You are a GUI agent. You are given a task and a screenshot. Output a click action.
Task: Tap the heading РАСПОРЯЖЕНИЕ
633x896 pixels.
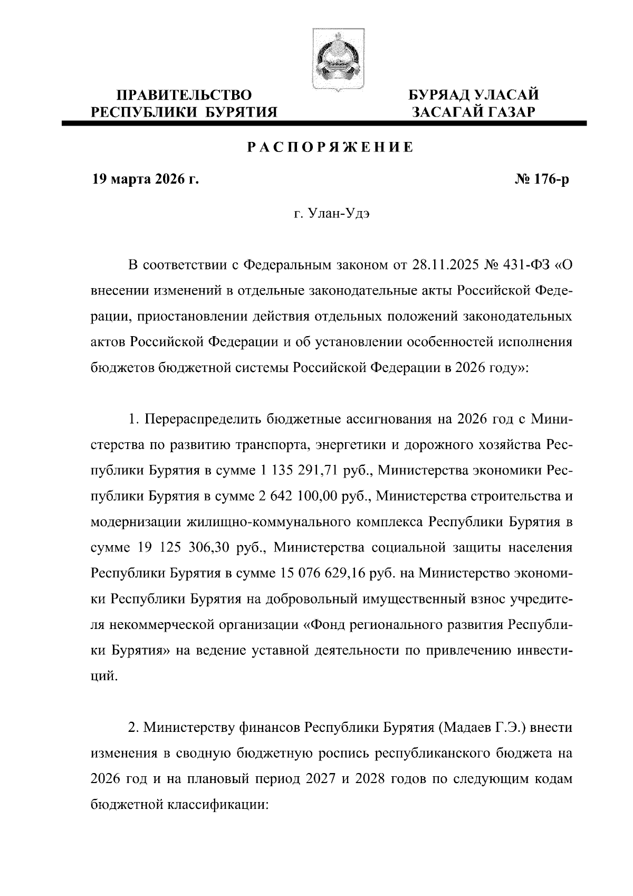331,147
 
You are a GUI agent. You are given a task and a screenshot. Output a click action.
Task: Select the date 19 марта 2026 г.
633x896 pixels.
146,180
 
